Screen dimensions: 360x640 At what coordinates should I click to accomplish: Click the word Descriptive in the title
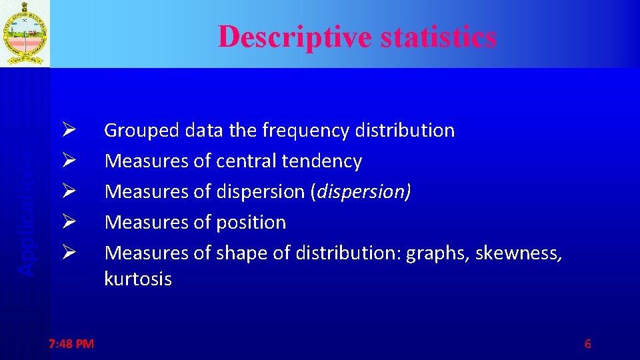point(296,37)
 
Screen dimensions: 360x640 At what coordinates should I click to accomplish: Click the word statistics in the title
point(439,37)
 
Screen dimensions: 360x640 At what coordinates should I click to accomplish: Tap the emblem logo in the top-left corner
point(25,33)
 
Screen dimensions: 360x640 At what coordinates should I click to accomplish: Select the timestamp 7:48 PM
point(71,344)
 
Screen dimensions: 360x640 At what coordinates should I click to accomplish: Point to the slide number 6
point(587,344)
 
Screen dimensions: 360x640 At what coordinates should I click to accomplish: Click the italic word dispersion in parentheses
point(364,192)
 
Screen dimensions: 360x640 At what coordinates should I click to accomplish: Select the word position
point(251,222)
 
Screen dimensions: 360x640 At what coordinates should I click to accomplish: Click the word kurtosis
point(138,279)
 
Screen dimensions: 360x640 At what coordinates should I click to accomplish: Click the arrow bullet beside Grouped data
point(69,130)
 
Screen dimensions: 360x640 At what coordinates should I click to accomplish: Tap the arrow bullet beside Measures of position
point(69,222)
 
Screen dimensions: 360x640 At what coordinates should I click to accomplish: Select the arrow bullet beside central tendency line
point(69,161)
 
